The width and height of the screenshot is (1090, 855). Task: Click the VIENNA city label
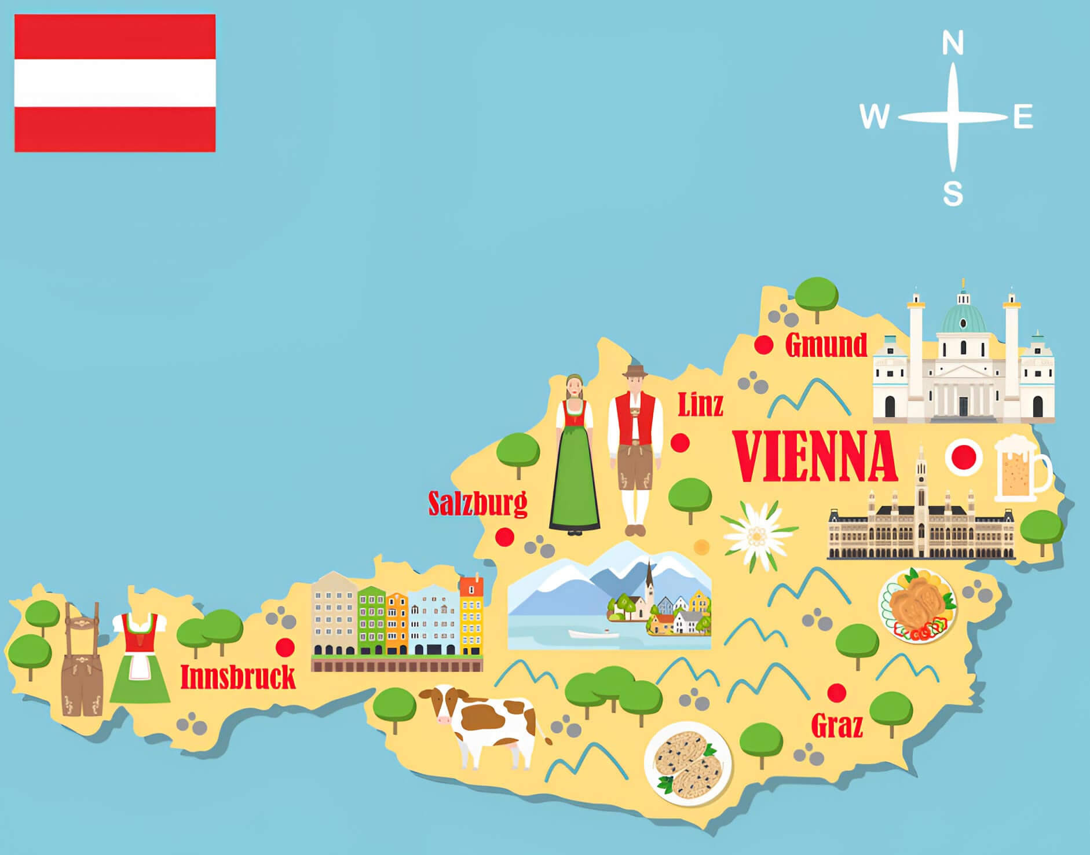[815, 456]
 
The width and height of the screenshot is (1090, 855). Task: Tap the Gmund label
[826, 345]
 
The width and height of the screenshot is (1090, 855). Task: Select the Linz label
[700, 405]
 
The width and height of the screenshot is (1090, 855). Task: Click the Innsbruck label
[238, 677]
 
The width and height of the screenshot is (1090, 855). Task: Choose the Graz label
[837, 725]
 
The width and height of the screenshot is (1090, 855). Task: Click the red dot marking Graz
[836, 692]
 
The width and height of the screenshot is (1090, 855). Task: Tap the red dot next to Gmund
[764, 345]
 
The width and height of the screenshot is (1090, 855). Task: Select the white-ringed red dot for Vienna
[964, 456]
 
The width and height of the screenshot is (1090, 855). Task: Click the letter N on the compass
[953, 44]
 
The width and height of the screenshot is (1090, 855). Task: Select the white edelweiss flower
[756, 535]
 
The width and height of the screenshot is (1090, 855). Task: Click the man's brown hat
[635, 372]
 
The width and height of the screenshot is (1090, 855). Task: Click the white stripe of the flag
[115, 83]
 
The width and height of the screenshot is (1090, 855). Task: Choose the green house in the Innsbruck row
[371, 619]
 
